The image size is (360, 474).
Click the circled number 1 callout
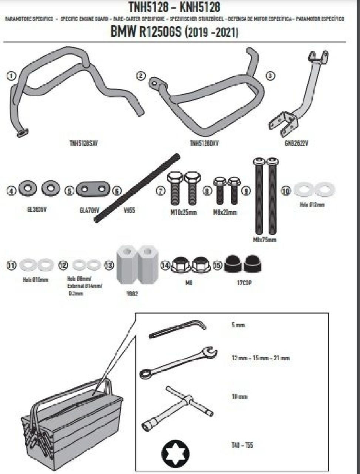tap(11, 76)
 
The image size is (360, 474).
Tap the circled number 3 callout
tap(271, 76)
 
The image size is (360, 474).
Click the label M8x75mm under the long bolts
tap(265, 240)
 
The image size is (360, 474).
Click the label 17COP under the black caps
tap(245, 283)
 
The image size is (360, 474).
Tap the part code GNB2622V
tap(296, 143)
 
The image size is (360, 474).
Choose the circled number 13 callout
tap(109, 265)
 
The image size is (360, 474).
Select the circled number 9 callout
tap(246, 191)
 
